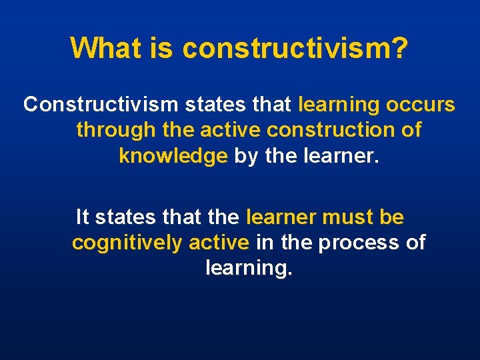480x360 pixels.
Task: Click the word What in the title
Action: tap(101, 47)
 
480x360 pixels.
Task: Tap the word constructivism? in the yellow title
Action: tap(295, 47)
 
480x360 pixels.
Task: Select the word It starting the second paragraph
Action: tap(83, 217)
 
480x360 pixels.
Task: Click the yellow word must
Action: tap(347, 217)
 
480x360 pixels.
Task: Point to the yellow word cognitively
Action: tap(127, 243)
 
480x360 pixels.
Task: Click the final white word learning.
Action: tap(249, 268)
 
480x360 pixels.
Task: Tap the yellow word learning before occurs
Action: tap(338, 105)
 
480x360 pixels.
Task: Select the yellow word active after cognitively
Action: tap(219, 243)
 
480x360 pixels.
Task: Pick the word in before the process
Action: tap(264, 243)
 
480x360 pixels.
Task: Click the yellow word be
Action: tap(391, 217)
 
